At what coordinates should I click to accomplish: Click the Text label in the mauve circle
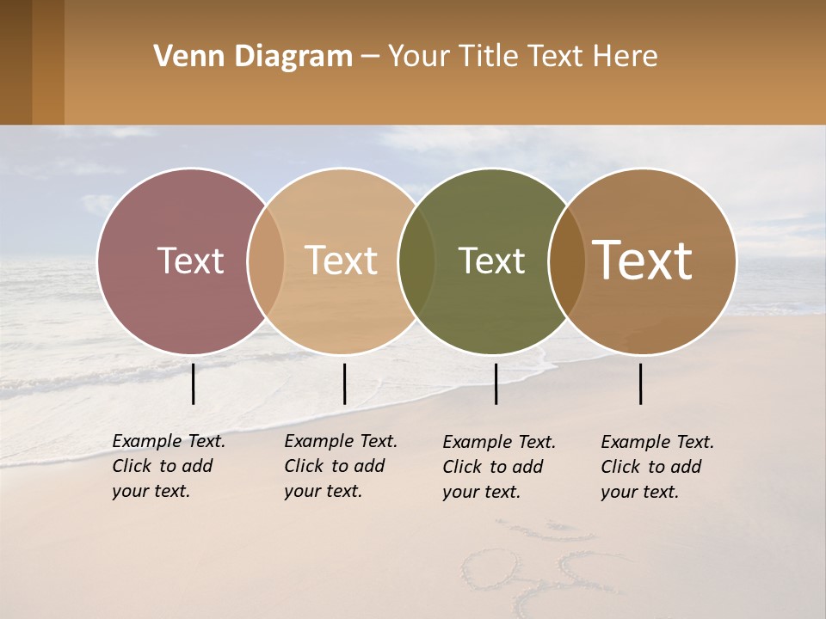pyautogui.click(x=190, y=260)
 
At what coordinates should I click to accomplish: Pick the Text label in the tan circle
pyautogui.click(x=342, y=260)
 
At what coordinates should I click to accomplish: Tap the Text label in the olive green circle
pyautogui.click(x=491, y=260)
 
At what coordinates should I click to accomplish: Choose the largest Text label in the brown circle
pyautogui.click(x=643, y=260)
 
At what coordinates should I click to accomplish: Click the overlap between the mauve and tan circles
pyautogui.click(x=266, y=260)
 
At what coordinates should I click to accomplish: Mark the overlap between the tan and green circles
pyautogui.click(x=416, y=260)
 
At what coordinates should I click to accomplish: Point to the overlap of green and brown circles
pyautogui.click(x=566, y=260)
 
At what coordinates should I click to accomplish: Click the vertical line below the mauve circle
pyautogui.click(x=194, y=383)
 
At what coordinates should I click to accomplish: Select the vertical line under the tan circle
pyautogui.click(x=344, y=383)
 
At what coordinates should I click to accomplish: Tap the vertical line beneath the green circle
pyautogui.click(x=496, y=383)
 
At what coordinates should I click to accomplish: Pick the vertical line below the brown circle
pyautogui.click(x=641, y=383)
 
